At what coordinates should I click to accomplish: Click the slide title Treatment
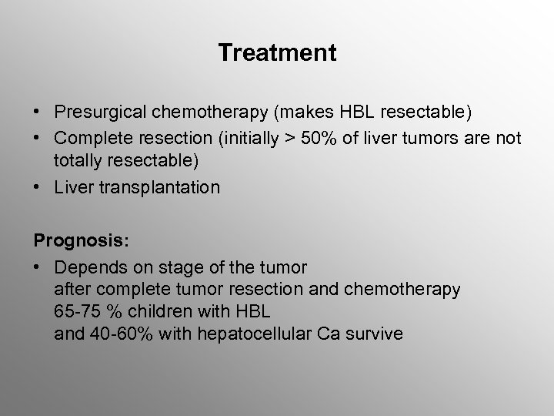pos(277,53)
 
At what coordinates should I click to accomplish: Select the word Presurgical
pos(98,113)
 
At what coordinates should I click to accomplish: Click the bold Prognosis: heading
pos(81,240)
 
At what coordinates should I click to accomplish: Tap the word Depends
pos(87,267)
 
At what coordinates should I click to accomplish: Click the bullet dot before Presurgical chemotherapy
pos(38,113)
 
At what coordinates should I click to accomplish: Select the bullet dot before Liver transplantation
pos(38,187)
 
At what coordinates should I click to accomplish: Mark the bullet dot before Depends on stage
pos(38,267)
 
